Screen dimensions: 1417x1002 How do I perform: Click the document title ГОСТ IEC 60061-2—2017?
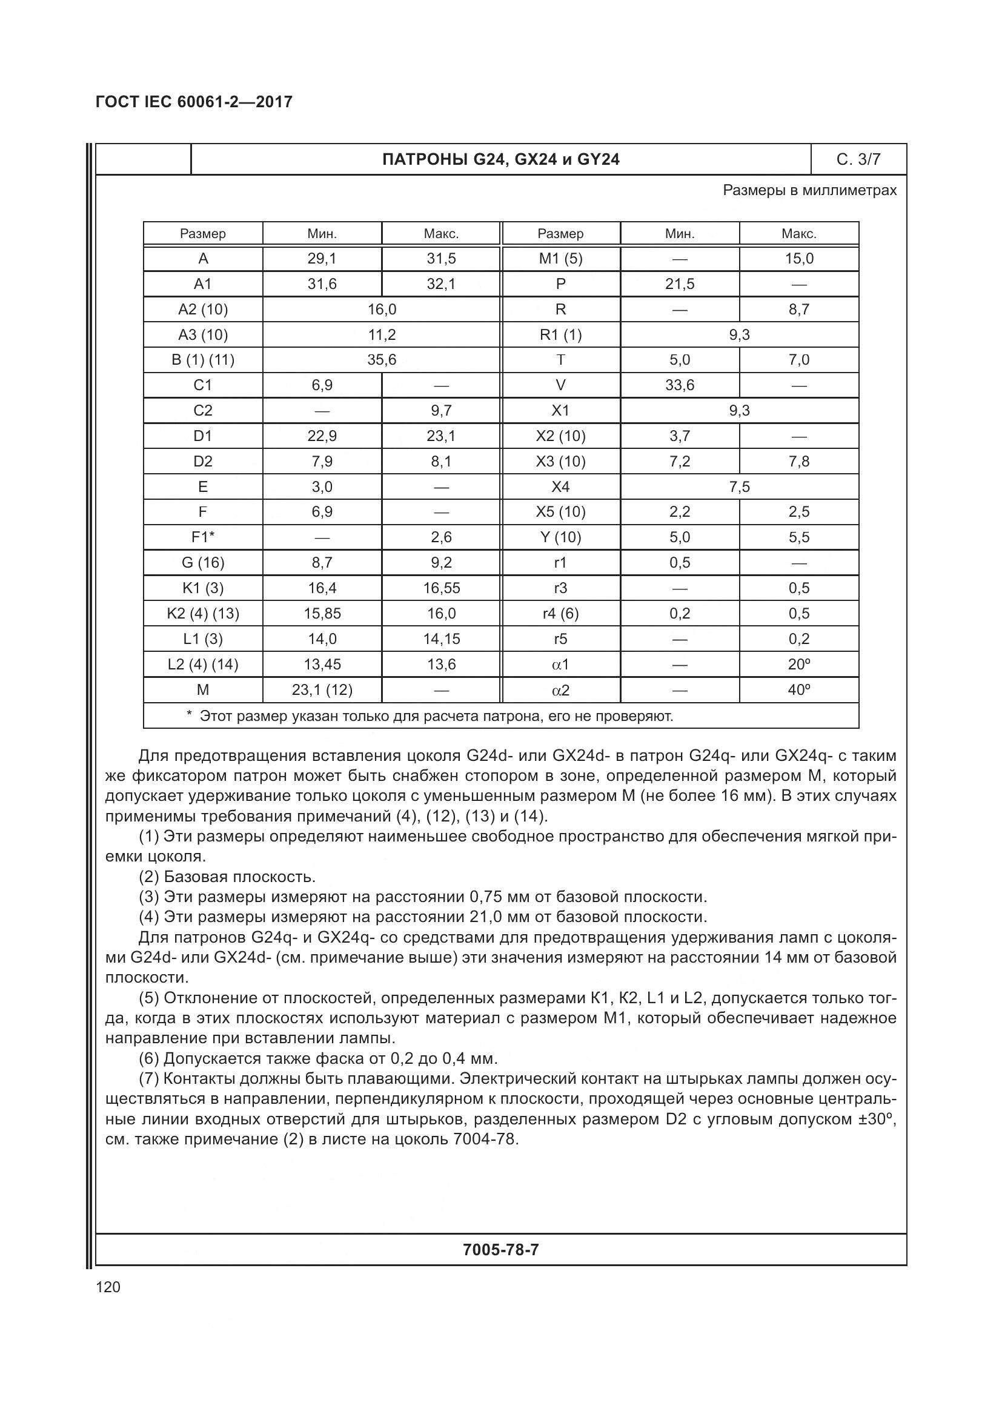tap(194, 102)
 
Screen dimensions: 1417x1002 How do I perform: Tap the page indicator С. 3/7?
tap(858, 159)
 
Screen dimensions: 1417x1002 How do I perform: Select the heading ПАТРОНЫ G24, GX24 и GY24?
tap(500, 159)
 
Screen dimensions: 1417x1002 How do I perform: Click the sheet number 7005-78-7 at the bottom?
tap(500, 1250)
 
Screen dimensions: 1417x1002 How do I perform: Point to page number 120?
tap(108, 1287)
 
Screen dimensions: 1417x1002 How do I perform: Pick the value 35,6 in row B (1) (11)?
tap(381, 360)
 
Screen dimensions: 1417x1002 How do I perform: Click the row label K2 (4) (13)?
tap(202, 614)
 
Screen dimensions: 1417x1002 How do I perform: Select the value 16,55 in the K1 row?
tap(441, 588)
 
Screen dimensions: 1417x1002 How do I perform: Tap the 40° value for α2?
tap(798, 690)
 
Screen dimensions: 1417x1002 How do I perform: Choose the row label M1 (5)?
tap(560, 259)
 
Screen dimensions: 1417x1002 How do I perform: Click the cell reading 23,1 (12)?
tap(322, 690)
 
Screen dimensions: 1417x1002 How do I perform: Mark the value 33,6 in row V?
tap(679, 385)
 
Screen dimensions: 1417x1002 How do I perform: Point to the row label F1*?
tap(202, 537)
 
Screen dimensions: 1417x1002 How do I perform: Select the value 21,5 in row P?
tap(679, 284)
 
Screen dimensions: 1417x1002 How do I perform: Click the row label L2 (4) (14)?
tap(202, 665)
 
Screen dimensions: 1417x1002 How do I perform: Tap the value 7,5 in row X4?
tap(739, 487)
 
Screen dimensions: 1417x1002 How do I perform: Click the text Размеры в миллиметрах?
tap(809, 190)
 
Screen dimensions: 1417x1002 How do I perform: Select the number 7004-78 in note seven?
tap(483, 1140)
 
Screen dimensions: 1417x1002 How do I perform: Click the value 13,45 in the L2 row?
tap(322, 665)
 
